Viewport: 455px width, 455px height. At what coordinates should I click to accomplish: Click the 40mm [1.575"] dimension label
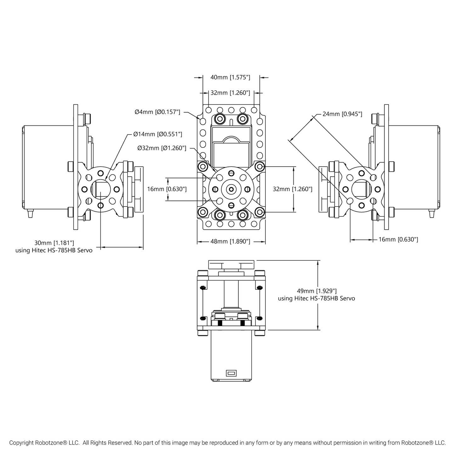[x=230, y=77]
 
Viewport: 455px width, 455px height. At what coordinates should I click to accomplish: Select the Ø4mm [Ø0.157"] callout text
[x=157, y=112]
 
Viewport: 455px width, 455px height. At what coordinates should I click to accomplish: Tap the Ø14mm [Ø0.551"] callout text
[x=157, y=134]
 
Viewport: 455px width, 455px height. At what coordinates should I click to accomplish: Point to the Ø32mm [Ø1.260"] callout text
[x=162, y=148]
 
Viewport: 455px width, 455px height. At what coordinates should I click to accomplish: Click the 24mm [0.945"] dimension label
[x=342, y=114]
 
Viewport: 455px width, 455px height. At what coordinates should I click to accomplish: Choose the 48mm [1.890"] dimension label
[x=230, y=241]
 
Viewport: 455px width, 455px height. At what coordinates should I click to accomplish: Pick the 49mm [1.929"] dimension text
[x=317, y=291]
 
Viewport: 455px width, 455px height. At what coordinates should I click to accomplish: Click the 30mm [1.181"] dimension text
[x=54, y=243]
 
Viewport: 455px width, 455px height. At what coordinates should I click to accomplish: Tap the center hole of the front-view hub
[x=231, y=189]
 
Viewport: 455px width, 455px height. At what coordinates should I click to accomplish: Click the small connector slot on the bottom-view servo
[x=231, y=373]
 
